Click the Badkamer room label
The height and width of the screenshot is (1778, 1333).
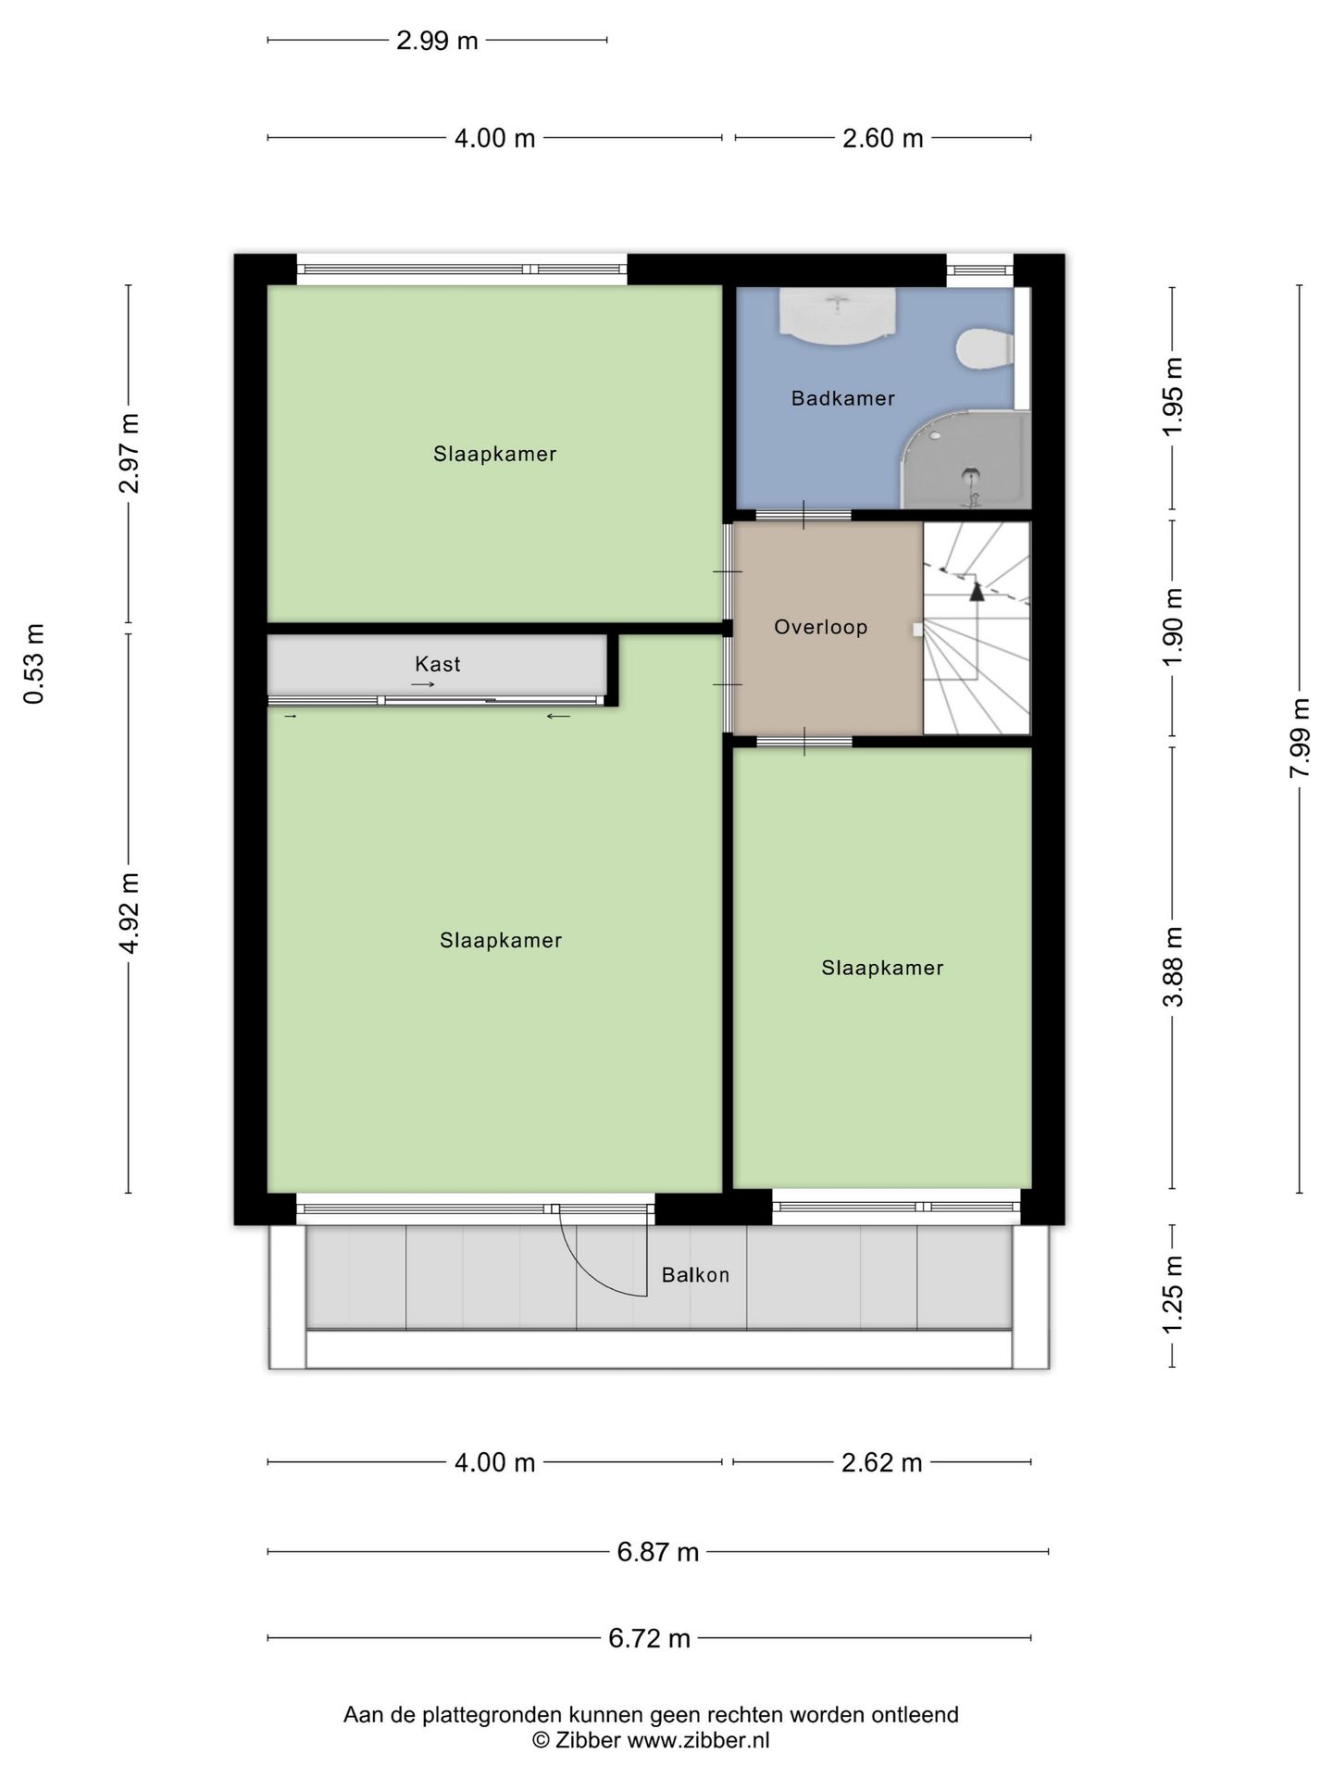click(842, 398)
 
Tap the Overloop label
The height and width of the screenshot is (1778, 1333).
click(820, 627)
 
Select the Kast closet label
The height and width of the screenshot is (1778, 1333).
click(437, 664)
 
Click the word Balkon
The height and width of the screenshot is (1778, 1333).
click(695, 1275)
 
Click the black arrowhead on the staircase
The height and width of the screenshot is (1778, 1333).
click(977, 591)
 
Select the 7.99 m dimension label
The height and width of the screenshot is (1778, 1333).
click(1300, 738)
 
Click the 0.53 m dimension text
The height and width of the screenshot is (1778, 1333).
click(33, 664)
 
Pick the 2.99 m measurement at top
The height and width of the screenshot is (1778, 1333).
click(437, 41)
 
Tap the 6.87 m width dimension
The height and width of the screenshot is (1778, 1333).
click(657, 1552)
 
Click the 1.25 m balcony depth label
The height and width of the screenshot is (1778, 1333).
click(1173, 1296)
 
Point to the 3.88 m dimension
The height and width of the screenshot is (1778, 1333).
click(1173, 967)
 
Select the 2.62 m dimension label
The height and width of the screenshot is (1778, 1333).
click(881, 1462)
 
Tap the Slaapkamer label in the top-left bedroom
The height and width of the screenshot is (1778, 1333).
click(494, 454)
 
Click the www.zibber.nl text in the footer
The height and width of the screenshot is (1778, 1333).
click(698, 1741)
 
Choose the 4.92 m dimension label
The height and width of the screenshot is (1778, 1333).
click(130, 913)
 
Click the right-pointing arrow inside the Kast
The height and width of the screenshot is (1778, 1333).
click(423, 684)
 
